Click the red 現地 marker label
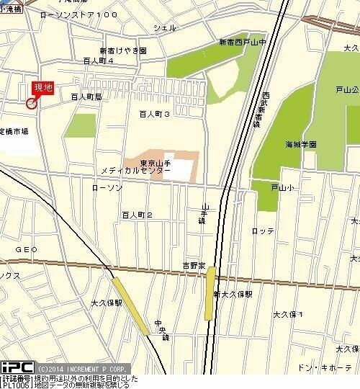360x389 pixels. coord(43,88)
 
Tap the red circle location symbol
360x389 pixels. coord(31,104)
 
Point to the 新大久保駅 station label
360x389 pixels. coord(233,294)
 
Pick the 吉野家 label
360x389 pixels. coord(194,266)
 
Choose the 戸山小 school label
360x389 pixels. coord(282,187)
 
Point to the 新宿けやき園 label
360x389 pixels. coord(122,51)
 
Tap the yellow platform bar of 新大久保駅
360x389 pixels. coord(210,293)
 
